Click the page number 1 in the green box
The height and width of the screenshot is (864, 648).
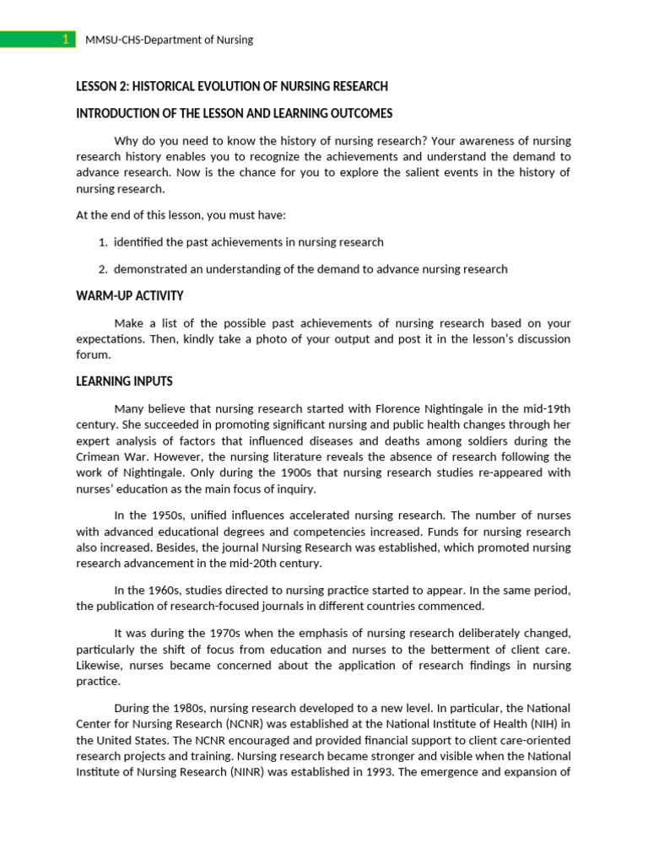[65, 40]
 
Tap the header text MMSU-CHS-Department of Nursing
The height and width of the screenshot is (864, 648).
[170, 40]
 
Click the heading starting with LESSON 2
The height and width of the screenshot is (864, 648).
[232, 86]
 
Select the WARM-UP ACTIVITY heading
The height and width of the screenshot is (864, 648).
[129, 296]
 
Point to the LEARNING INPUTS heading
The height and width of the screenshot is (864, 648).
[124, 381]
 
